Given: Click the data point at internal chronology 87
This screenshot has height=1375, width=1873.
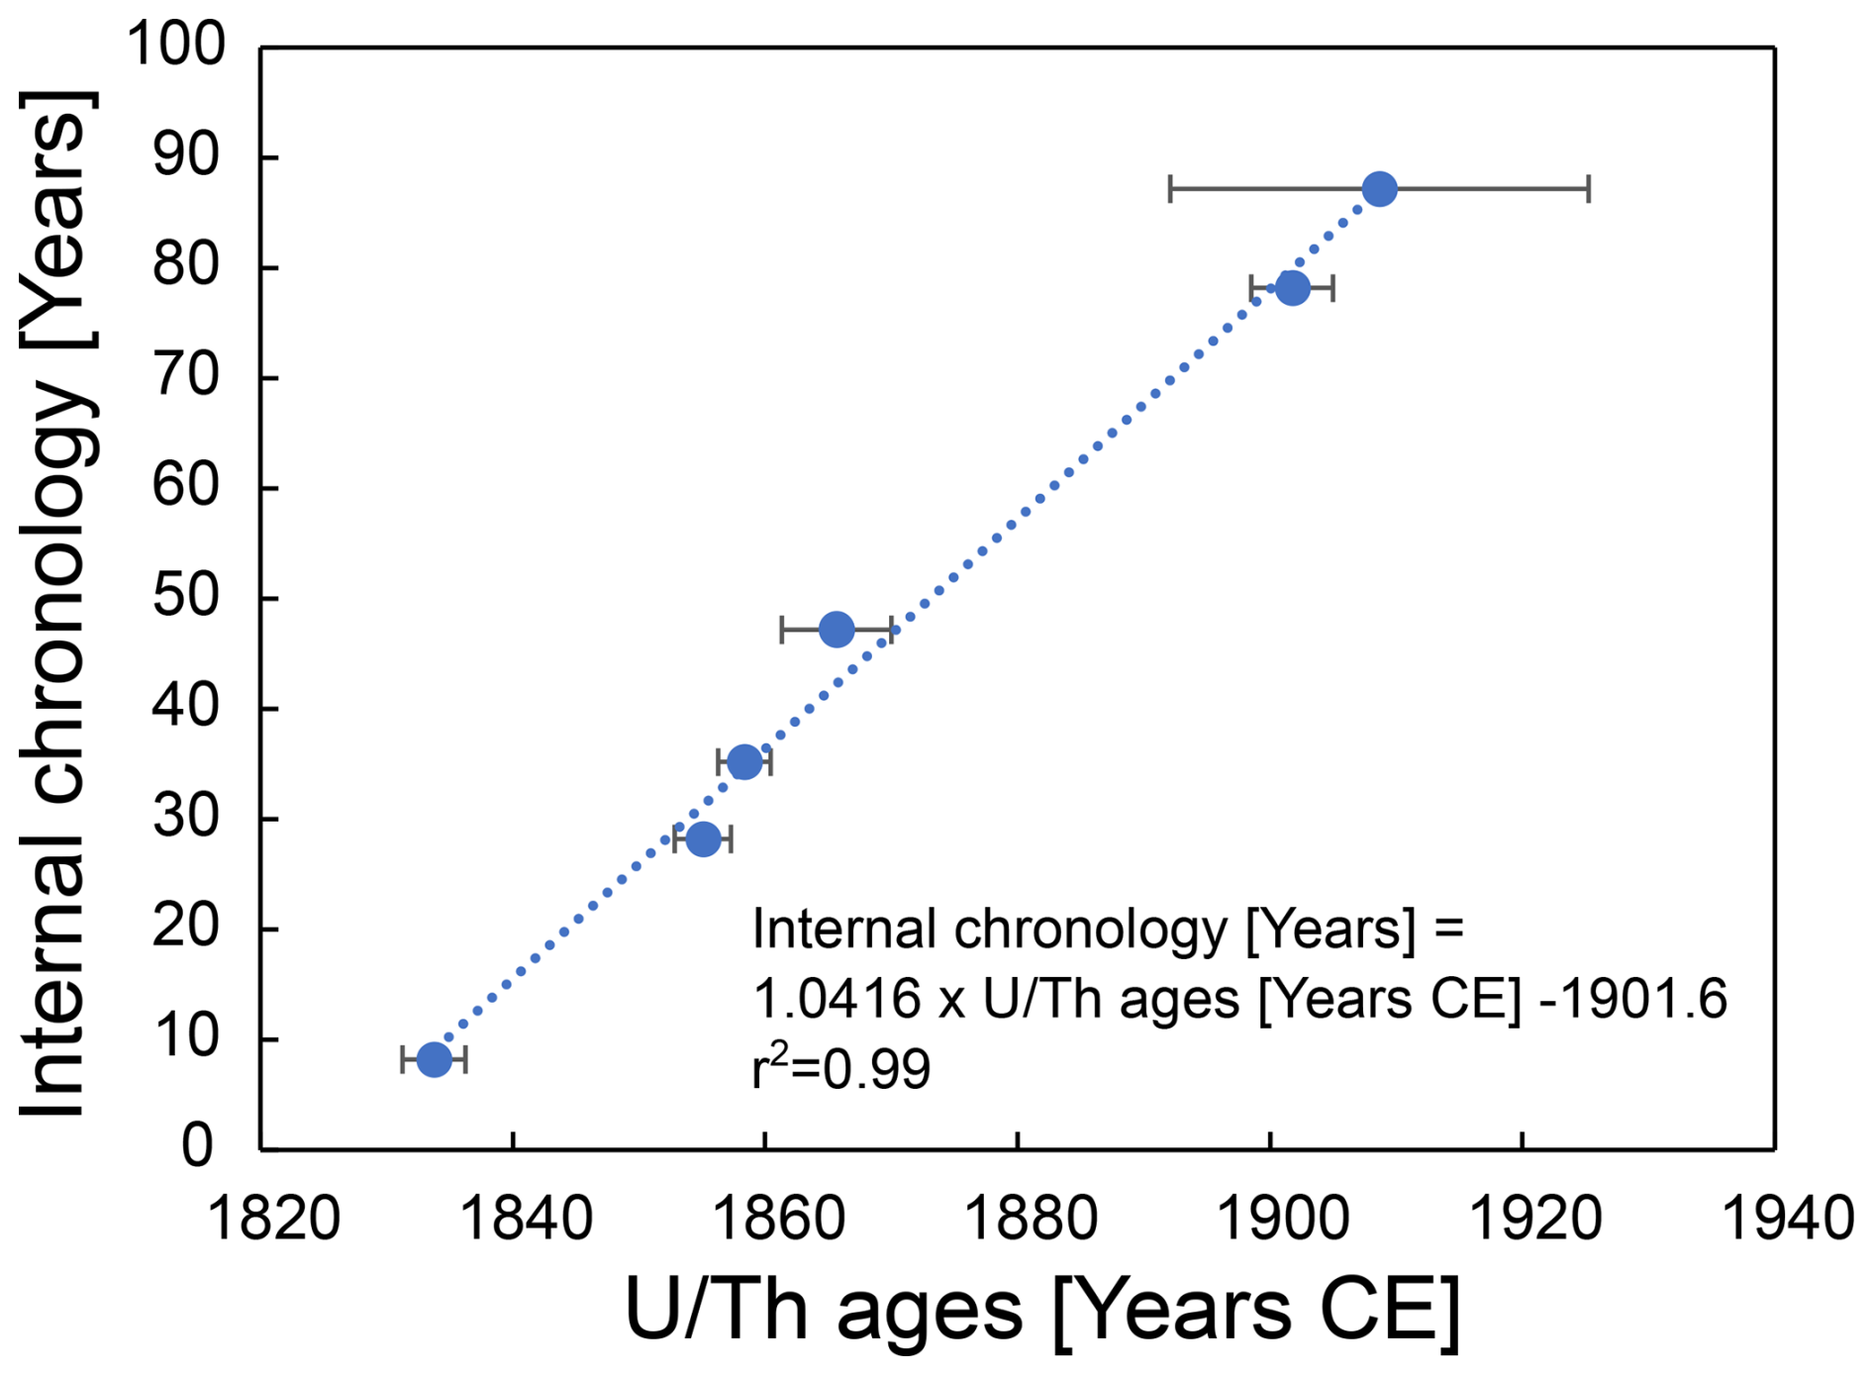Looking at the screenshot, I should coord(1379,188).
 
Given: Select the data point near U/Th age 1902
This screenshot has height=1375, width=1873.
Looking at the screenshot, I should coord(1292,288).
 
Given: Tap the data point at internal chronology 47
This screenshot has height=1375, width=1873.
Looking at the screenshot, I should coord(837,629).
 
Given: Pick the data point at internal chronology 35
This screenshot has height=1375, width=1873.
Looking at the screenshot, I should coord(744,762).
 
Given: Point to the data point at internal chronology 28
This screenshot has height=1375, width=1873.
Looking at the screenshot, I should coord(703,839).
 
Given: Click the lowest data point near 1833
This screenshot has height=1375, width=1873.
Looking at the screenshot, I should coord(434,1059).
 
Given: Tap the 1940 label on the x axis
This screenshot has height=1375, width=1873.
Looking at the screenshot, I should coord(1788,1219).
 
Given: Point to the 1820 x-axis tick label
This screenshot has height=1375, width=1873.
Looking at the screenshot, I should coord(273,1219).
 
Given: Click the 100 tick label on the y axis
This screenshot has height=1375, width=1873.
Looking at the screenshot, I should coord(176,46).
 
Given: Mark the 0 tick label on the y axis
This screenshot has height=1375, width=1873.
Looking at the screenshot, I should coord(198,1147).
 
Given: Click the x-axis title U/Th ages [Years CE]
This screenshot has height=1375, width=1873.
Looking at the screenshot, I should coord(1042,1309).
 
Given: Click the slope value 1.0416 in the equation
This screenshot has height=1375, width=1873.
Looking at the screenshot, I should coord(838,999).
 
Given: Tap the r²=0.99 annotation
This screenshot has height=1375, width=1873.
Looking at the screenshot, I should coord(841,1069).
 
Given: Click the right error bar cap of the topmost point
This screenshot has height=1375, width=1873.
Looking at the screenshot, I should coord(1588,188).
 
